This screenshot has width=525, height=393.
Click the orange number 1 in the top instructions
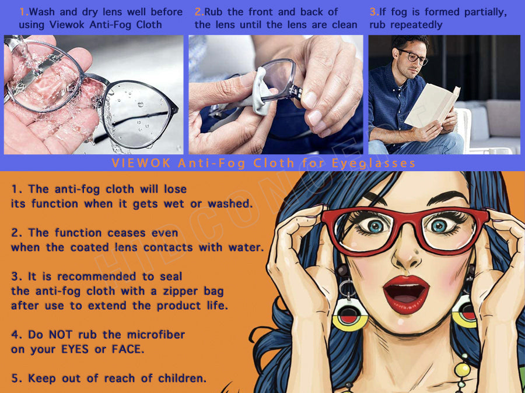click(x=23, y=12)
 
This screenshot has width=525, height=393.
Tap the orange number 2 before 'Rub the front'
click(x=198, y=12)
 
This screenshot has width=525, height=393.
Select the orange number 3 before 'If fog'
click(x=373, y=12)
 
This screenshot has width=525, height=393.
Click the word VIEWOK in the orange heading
click(x=141, y=163)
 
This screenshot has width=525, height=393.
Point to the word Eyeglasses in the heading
click(x=374, y=163)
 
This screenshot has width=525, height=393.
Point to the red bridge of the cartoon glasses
click(x=406, y=219)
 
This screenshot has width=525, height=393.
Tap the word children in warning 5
click(x=182, y=378)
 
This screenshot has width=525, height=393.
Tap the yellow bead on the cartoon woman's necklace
click(x=462, y=369)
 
